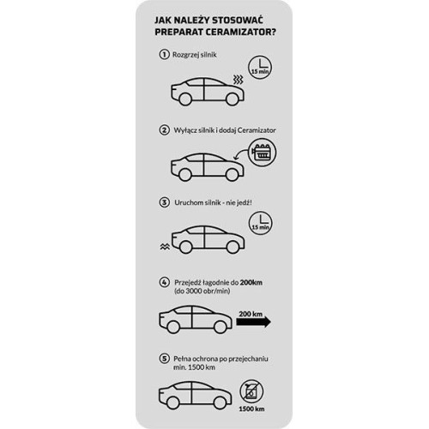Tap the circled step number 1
[x=164, y=54]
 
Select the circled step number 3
[x=164, y=202]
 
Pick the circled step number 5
[x=164, y=359]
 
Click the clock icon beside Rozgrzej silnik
[x=260, y=68]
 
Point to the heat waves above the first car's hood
[x=238, y=80]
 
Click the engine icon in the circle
[x=262, y=152]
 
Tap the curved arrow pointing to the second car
[x=240, y=154]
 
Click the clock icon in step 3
[x=261, y=223]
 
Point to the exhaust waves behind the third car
[x=165, y=246]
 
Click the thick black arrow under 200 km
[x=254, y=322]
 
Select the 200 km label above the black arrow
[x=251, y=314]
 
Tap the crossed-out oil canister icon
[x=251, y=391]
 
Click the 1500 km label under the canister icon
[x=251, y=408]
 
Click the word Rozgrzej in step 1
[x=183, y=55]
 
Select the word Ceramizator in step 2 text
[x=257, y=130]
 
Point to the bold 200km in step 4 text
[x=251, y=282]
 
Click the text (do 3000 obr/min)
[x=202, y=292]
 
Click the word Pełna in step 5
[x=182, y=359]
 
